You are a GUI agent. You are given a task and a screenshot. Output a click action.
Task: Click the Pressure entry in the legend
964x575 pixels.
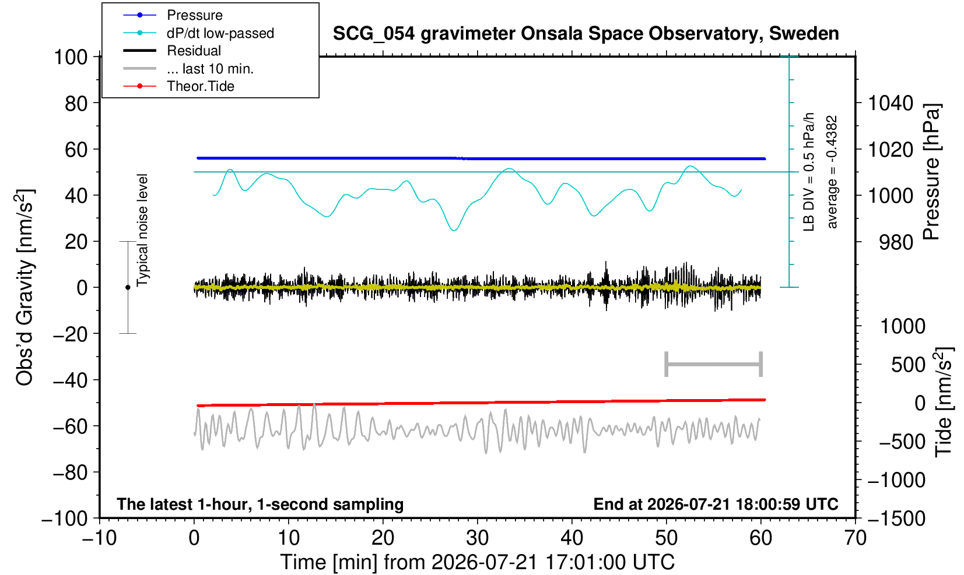195,16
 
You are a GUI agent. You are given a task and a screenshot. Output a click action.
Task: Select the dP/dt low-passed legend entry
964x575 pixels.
220,33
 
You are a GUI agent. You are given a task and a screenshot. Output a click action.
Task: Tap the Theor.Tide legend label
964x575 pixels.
201,86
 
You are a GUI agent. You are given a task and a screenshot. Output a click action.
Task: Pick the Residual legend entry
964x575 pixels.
194,51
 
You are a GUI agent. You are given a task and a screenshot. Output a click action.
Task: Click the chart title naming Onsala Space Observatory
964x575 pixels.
586,34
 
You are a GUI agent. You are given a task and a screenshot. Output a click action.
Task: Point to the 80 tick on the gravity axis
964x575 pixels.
76,104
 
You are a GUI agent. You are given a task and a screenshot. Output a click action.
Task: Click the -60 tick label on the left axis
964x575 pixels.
70,426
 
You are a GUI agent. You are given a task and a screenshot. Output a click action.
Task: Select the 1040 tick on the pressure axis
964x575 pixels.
891,103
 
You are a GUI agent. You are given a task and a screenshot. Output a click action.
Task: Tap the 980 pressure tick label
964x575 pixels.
896,242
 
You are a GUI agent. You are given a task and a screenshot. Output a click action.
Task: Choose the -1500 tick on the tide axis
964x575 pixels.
896,518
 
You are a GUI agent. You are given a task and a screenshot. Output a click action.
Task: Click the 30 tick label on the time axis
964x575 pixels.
477,538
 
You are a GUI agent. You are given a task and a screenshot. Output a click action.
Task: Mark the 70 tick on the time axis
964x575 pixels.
855,538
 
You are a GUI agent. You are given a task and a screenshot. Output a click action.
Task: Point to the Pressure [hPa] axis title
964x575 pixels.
931,172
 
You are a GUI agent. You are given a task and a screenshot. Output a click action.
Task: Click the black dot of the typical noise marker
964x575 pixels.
128,287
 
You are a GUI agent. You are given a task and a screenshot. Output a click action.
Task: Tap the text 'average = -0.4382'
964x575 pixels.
832,172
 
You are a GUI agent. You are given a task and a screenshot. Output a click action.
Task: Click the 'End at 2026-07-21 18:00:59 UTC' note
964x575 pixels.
716,504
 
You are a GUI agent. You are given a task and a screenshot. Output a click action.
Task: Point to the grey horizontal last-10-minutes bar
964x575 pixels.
714,364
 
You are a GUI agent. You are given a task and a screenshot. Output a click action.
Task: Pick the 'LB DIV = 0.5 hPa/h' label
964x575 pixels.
809,172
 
